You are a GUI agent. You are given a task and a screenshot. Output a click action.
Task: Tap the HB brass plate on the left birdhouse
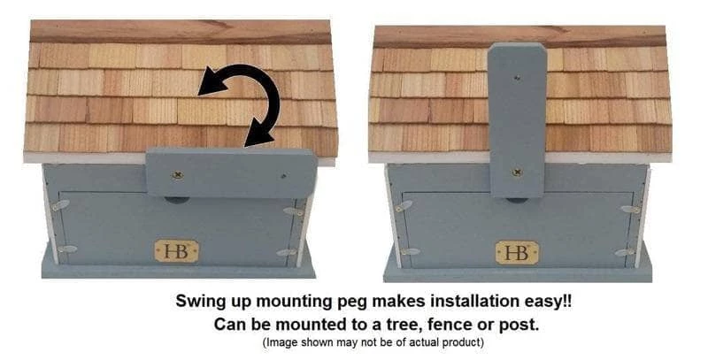pyautogui.click(x=177, y=251)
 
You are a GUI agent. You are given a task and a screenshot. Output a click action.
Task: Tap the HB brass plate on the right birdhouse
pyautogui.click(x=517, y=253)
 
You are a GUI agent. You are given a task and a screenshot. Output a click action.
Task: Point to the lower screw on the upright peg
pyautogui.click(x=517, y=172)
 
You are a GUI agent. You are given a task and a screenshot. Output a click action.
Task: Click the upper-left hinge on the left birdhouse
pyautogui.click(x=59, y=205)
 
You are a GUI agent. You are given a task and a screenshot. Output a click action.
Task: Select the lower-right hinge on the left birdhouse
pyautogui.click(x=286, y=253)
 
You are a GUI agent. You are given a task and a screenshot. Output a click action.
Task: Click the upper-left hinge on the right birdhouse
pyautogui.click(x=404, y=207)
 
